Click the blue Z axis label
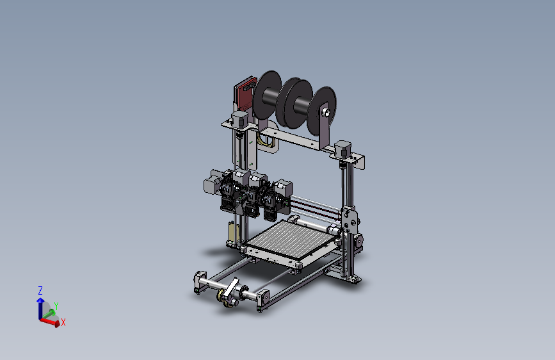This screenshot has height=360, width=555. [40, 290]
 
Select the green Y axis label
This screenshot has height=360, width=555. [56, 306]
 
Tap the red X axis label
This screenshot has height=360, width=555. [63, 323]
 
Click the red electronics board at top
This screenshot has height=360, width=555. [244, 94]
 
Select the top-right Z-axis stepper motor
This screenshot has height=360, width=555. [344, 149]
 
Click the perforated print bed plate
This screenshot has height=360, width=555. [291, 241]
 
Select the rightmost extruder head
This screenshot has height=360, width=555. [280, 195]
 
